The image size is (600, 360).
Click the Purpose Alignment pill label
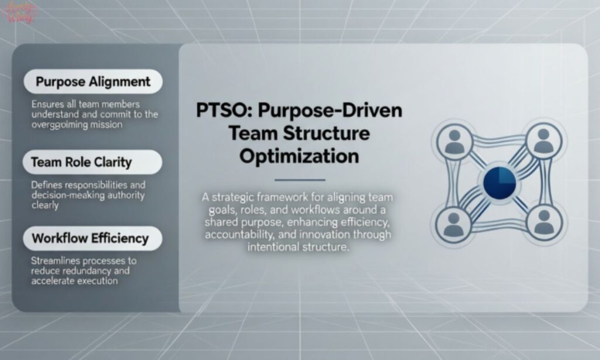coord(93,81)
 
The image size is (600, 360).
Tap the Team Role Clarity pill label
coord(81,162)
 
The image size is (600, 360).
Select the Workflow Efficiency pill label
coord(90,238)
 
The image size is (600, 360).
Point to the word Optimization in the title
coord(299,156)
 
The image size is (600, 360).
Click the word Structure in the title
coord(332,133)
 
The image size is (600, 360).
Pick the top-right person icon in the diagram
coord(544,141)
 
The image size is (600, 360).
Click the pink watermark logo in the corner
coord(21,13)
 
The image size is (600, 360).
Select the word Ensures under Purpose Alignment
coord(47,104)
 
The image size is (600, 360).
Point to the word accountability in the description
coord(240,235)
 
